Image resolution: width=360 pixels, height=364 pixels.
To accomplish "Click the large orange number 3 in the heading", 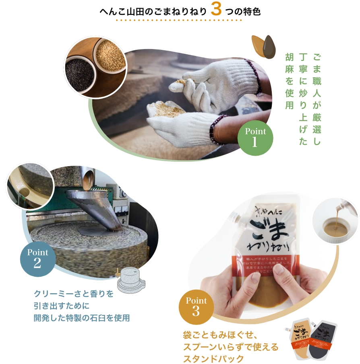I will (x=216, y=10).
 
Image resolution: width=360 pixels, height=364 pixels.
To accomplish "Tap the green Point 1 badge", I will (x=255, y=138).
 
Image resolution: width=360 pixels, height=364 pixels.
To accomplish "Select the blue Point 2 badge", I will (x=37, y=259).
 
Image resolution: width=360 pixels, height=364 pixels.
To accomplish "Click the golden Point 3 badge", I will (x=196, y=307).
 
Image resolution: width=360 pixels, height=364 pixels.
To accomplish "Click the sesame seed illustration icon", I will (x=263, y=45).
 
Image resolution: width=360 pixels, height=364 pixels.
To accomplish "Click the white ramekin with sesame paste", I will (x=336, y=224).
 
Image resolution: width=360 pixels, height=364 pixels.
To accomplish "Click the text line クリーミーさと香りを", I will (x=74, y=294).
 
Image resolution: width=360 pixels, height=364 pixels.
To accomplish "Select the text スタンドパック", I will (x=213, y=358).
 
